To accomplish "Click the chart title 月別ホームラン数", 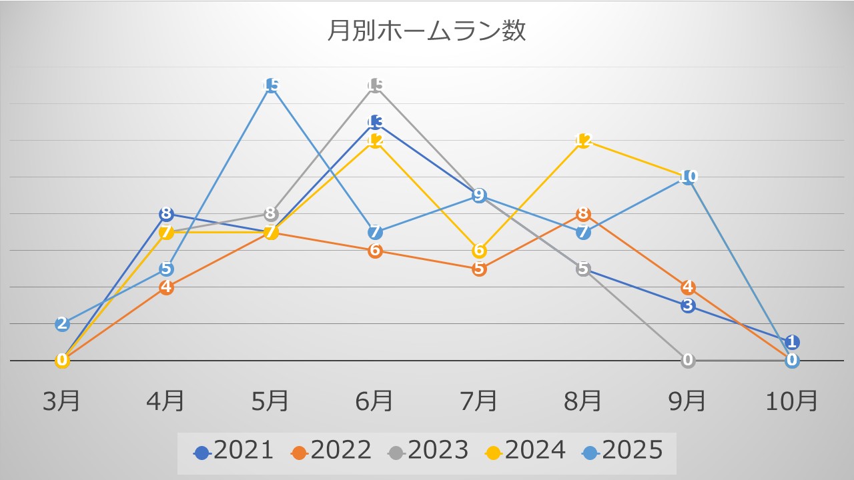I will pyautogui.click(x=426, y=31).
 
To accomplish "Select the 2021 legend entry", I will pyautogui.click(x=234, y=451).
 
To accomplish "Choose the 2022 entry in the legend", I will pyautogui.click(x=331, y=451).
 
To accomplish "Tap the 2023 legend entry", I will pyautogui.click(x=428, y=451).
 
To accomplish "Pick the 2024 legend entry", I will pyautogui.click(x=526, y=451).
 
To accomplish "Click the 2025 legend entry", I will pyautogui.click(x=623, y=451).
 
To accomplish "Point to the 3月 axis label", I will pyautogui.click(x=62, y=401).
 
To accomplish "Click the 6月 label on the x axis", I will pyautogui.click(x=374, y=401).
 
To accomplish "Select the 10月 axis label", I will pyautogui.click(x=792, y=401).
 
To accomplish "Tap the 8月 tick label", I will pyautogui.click(x=583, y=401).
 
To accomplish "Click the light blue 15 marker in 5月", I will pyautogui.click(x=271, y=85).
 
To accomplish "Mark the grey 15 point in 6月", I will pyautogui.click(x=375, y=85).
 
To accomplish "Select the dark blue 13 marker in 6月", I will pyautogui.click(x=375, y=122).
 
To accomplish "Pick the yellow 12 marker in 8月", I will pyautogui.click(x=583, y=141).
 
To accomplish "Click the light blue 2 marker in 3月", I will pyautogui.click(x=62, y=324).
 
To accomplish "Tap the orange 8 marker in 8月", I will pyautogui.click(x=583, y=214).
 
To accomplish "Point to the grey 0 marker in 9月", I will pyautogui.click(x=688, y=361).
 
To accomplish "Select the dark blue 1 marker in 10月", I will pyautogui.click(x=792, y=343).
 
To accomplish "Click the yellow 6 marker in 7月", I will pyautogui.click(x=479, y=251).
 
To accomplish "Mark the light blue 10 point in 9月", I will pyautogui.click(x=688, y=177).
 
